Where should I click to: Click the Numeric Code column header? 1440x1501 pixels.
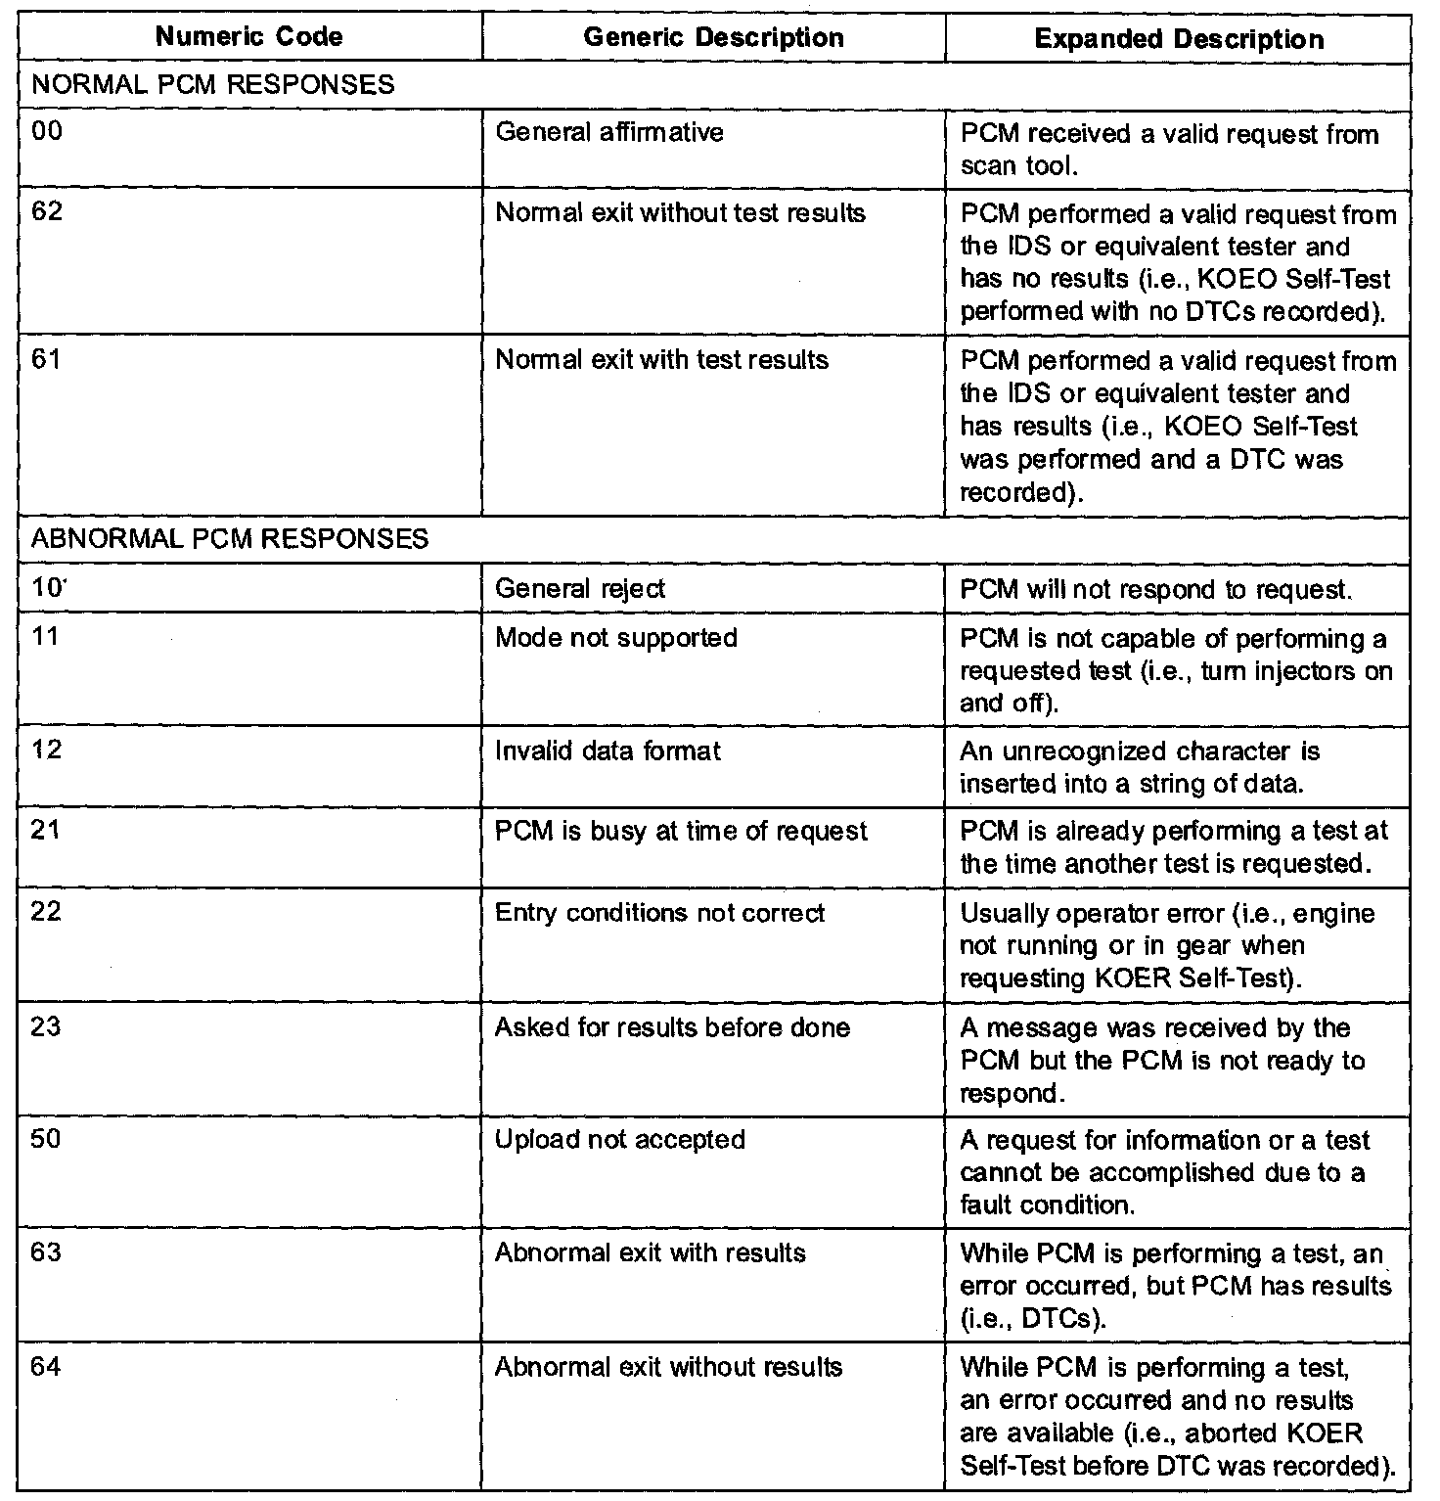coord(249,38)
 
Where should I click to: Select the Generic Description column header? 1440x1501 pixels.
coord(713,38)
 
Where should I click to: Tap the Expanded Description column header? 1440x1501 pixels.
coord(1179,39)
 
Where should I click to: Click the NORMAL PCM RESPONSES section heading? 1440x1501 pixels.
coord(213,84)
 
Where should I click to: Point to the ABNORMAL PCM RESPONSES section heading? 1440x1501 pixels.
coord(230,539)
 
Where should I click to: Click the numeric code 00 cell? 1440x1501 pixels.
coord(46,132)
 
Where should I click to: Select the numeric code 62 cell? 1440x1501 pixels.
coord(46,212)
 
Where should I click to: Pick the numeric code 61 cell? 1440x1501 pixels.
coord(46,359)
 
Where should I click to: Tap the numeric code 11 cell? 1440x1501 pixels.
coord(45,637)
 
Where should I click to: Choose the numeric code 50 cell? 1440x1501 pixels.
coord(46,1140)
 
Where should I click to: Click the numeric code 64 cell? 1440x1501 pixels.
coord(46,1367)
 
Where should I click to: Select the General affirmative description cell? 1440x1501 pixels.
coord(609,132)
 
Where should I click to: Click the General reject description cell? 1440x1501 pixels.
coord(580,588)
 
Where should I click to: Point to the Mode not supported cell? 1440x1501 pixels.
coord(616,638)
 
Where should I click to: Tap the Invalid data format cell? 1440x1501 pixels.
coord(607,750)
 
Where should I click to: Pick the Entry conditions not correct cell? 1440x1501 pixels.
coord(660,913)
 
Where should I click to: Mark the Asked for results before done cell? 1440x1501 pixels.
coord(672,1027)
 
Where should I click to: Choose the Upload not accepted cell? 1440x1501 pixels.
coord(620,1140)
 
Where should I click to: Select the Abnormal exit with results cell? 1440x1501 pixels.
coord(651,1253)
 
